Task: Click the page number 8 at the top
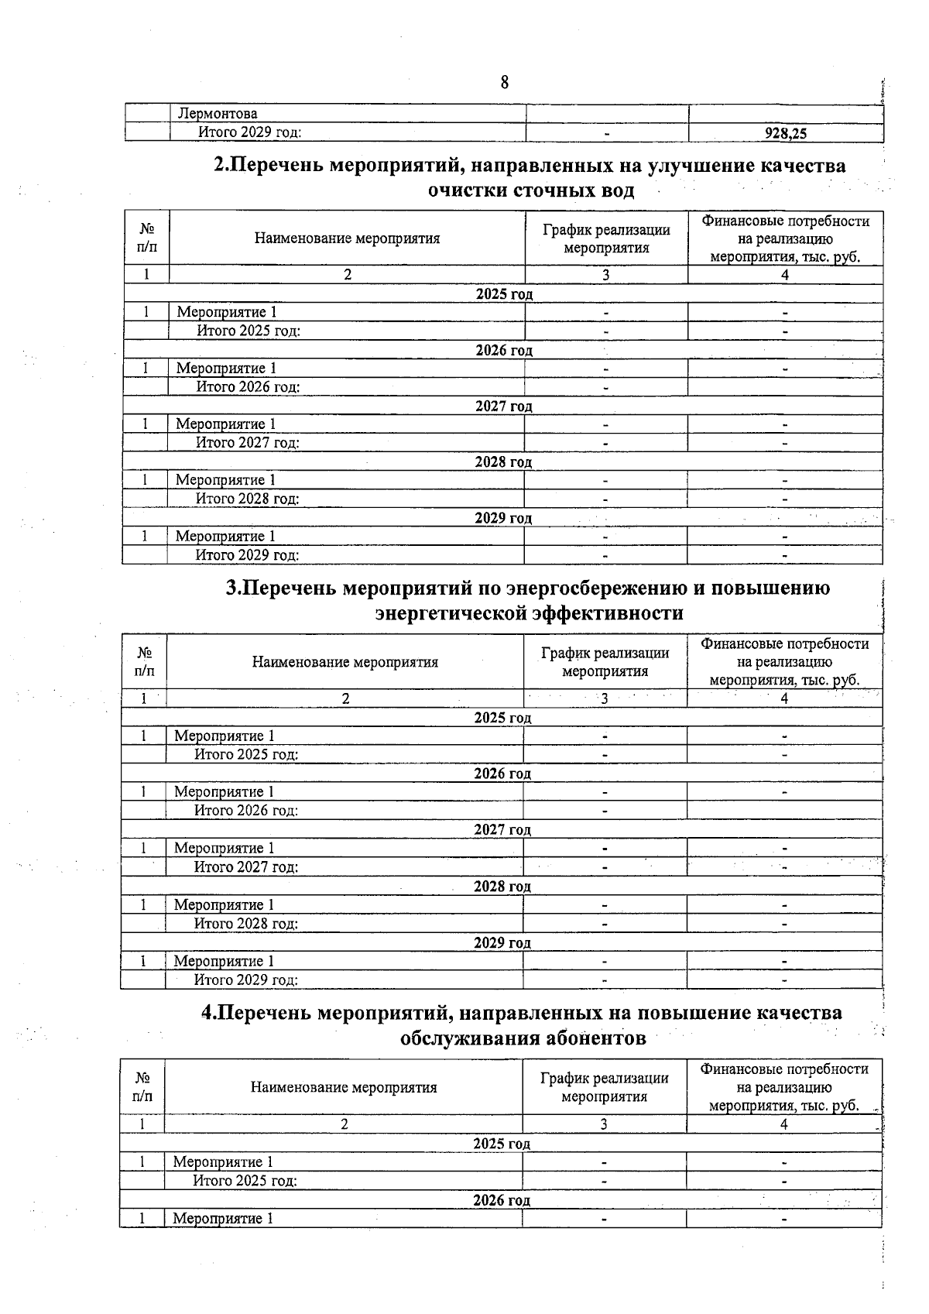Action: tap(505, 82)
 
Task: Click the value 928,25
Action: tap(785, 133)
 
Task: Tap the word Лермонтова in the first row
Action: tap(218, 114)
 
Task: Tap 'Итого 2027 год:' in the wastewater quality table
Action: tap(248, 443)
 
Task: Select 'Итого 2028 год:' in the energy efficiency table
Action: tap(245, 924)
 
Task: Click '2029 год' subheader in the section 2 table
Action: tap(503, 518)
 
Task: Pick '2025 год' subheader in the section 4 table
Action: tap(502, 1144)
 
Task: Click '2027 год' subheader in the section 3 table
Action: tap(502, 830)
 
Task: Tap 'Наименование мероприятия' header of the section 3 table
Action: tap(345, 662)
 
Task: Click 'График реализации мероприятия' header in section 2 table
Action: tap(606, 238)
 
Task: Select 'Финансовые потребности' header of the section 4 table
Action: tap(784, 1069)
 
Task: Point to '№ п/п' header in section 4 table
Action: tap(142, 1087)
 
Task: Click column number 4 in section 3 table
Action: tap(784, 698)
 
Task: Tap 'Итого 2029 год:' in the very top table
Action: tap(249, 132)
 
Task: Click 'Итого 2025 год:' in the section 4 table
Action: tap(245, 1181)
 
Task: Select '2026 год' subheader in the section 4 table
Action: tap(502, 1200)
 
